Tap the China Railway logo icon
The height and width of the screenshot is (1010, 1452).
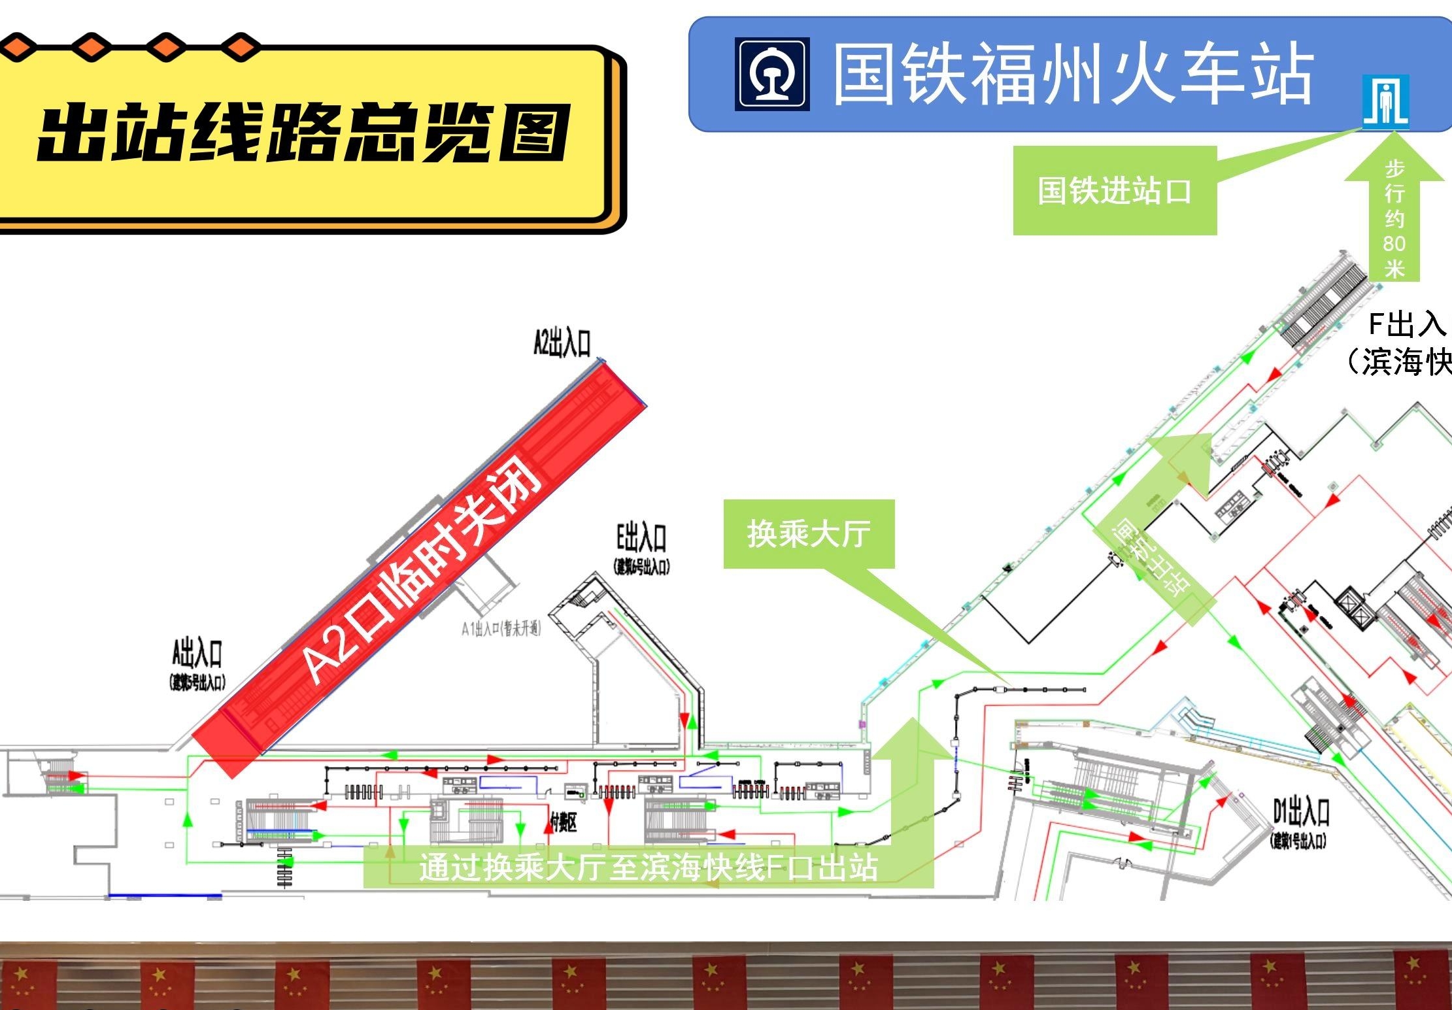pyautogui.click(x=772, y=74)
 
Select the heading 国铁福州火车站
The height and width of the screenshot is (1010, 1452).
pyautogui.click(x=1072, y=73)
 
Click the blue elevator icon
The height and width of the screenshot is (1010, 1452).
pyautogui.click(x=1385, y=101)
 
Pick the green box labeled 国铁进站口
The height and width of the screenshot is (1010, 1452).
pyautogui.click(x=1114, y=190)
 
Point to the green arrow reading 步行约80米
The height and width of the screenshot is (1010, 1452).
pyautogui.click(x=1394, y=216)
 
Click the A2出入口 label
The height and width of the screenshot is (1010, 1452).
pyautogui.click(x=562, y=343)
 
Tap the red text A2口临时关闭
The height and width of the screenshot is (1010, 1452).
pyautogui.click(x=422, y=569)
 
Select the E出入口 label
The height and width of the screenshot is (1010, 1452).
pyautogui.click(x=641, y=538)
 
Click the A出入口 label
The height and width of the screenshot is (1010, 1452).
pyautogui.click(x=197, y=653)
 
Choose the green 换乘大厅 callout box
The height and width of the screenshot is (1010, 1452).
pyautogui.click(x=809, y=533)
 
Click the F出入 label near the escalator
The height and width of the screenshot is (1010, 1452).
pyautogui.click(x=1406, y=324)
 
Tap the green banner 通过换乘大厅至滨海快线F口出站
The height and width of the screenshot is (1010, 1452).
pyautogui.click(x=648, y=867)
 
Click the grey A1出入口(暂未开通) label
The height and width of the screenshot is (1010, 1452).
pyautogui.click(x=501, y=629)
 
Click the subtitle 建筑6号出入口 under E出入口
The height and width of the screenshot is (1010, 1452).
pyautogui.click(x=641, y=566)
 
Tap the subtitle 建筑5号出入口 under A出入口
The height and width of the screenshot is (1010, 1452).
pyautogui.click(x=197, y=682)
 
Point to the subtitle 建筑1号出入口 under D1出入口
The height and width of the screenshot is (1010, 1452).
pyautogui.click(x=1298, y=841)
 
